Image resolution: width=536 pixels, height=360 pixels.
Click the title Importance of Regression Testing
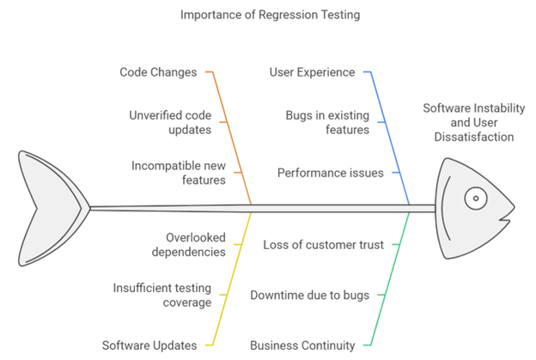[270, 15]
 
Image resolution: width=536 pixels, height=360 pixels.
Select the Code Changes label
[158, 72]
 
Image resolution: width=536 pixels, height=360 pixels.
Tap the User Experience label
[312, 72]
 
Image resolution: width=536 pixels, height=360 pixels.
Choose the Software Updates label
[149, 345]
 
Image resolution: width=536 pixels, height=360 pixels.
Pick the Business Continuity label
[302, 345]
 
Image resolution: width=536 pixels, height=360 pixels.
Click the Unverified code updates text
[170, 122]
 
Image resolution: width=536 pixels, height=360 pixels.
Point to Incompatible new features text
[179, 173]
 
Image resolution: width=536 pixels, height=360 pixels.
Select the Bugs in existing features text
[327, 122]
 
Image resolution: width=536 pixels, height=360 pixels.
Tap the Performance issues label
[330, 173]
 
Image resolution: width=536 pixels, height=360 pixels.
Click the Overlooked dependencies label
[189, 245]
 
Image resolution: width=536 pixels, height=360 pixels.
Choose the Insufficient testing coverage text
[162, 295]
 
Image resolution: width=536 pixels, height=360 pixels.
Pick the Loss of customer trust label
[323, 245]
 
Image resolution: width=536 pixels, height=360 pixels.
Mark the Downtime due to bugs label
[310, 295]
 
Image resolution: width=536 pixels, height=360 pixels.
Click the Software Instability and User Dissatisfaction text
[474, 122]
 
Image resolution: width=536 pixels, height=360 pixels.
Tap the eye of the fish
[476, 198]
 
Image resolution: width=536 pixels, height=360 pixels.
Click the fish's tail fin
[52, 208]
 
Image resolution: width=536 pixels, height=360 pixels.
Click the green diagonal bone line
[390, 278]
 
